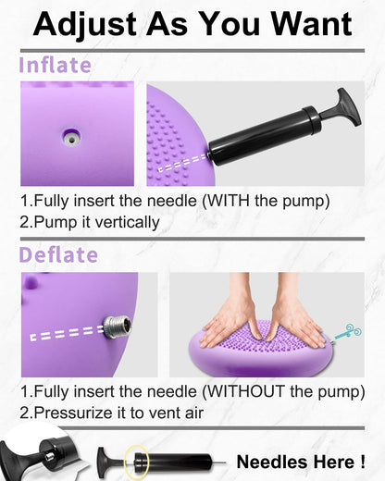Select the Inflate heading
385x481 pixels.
click(x=56, y=65)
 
